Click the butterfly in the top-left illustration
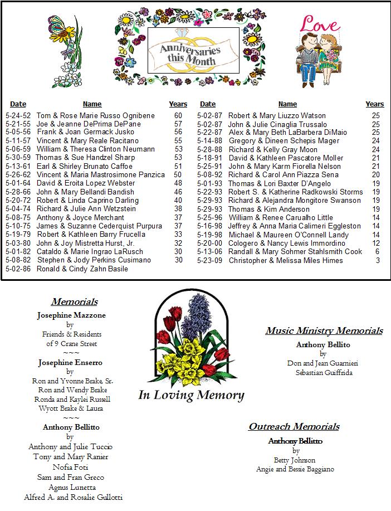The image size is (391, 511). (x=58, y=26)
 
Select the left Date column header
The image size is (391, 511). (x=18, y=104)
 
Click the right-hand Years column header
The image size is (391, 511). (x=374, y=104)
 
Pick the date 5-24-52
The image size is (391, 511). (x=18, y=115)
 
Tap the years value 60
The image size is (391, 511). (x=178, y=115)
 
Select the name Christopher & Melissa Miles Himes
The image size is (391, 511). (x=286, y=260)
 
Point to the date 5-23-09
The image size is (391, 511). (x=209, y=260)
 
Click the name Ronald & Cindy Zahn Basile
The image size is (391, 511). (x=82, y=269)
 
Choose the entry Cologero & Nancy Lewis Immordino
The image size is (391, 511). (x=287, y=244)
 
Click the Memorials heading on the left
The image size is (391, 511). (x=74, y=302)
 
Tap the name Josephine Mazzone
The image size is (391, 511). (x=71, y=315)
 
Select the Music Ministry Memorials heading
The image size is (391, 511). (x=324, y=331)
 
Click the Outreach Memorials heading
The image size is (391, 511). (x=294, y=427)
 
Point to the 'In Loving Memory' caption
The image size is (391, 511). (x=191, y=396)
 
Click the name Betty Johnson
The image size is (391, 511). (x=295, y=460)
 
